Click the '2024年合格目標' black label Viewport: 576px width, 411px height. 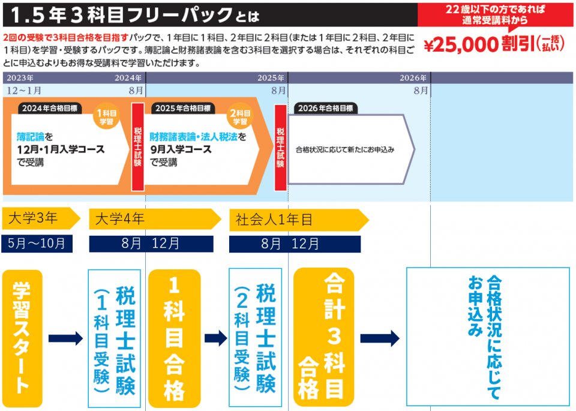(50, 109)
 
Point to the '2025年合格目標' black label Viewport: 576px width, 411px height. (182, 109)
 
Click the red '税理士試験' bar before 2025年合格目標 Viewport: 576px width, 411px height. (137, 146)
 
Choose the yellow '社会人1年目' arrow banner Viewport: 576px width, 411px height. (297, 220)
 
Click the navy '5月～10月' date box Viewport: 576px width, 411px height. (37, 243)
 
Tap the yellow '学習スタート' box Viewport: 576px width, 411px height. (22, 338)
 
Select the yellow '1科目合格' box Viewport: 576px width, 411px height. (173, 338)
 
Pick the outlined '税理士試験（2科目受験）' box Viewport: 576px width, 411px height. (255, 338)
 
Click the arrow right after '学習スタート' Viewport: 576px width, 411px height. (65, 339)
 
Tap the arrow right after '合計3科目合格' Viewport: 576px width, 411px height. (379, 338)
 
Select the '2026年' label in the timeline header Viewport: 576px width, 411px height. (413, 78)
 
